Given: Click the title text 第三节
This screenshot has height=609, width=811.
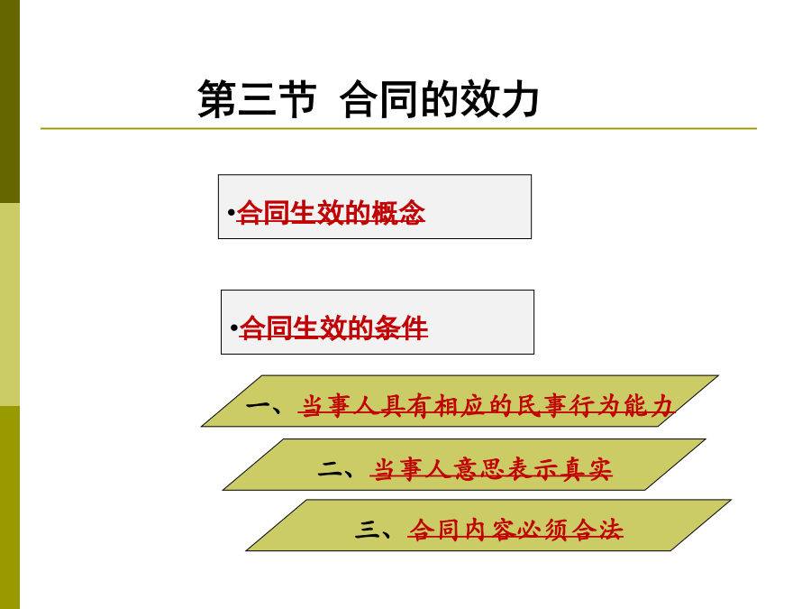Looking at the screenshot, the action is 257,98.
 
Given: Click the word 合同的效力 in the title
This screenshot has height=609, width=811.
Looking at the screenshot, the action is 440,98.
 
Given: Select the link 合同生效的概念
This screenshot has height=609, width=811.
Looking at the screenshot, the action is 331,212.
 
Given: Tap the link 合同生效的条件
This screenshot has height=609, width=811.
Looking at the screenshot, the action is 333,328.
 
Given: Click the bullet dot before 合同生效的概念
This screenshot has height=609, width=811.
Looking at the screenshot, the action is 231,212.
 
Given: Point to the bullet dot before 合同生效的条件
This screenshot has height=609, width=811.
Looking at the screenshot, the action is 233,328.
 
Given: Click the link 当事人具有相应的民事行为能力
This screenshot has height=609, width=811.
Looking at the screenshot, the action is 487,406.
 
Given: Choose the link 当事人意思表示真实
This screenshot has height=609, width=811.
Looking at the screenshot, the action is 491,469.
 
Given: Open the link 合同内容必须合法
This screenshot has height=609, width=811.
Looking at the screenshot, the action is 515,530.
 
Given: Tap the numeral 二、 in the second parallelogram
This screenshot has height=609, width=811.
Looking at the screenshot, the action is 336,470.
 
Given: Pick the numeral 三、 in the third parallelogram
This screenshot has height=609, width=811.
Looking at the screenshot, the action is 373,531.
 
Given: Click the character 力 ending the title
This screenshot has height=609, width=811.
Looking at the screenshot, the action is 519,98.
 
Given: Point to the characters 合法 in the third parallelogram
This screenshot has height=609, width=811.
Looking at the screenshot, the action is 597,530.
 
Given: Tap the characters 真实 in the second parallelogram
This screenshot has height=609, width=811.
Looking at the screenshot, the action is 586,469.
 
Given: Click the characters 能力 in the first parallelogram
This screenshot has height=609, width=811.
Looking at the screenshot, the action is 649,406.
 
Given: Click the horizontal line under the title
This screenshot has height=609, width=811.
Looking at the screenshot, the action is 398,128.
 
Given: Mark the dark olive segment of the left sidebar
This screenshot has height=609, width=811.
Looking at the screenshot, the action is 10,101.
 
